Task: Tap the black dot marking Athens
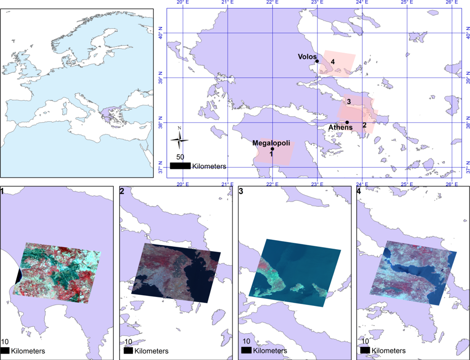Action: click(347, 122)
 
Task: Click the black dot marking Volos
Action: click(317, 61)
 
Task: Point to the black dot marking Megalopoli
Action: click(272, 149)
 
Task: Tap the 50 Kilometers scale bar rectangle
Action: click(180, 166)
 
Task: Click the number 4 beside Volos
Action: click(332, 62)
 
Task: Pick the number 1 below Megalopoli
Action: click(272, 154)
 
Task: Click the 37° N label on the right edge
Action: click(465, 169)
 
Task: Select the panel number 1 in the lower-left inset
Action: click(3, 191)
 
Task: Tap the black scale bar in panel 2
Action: click(127, 351)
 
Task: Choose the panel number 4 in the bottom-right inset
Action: click(360, 191)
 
